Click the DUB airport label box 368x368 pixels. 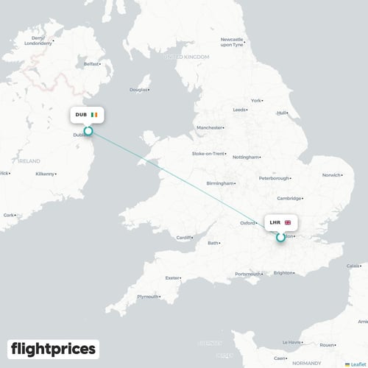pos(88,115)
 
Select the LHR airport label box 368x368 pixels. pos(280,222)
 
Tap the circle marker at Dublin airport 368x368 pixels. pos(88,132)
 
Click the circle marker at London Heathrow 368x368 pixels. pos(280,237)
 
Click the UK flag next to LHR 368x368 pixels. pos(288,222)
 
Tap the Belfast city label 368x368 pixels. pos(91,64)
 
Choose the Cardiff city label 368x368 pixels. pos(184,237)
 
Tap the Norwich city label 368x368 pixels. pos(331,175)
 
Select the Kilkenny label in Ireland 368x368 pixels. pos(46,174)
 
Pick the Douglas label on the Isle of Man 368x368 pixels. pos(138,91)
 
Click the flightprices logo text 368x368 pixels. pos(54,348)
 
